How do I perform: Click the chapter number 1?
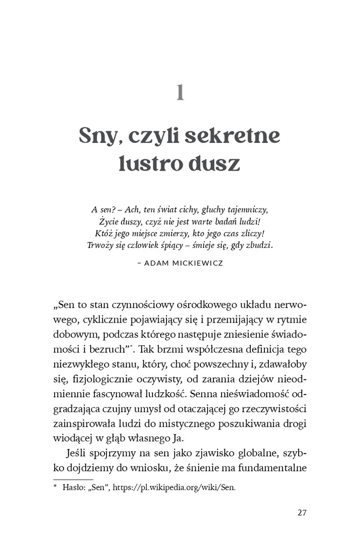(x=180, y=92)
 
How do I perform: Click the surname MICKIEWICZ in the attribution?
(x=197, y=263)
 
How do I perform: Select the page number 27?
(x=302, y=512)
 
